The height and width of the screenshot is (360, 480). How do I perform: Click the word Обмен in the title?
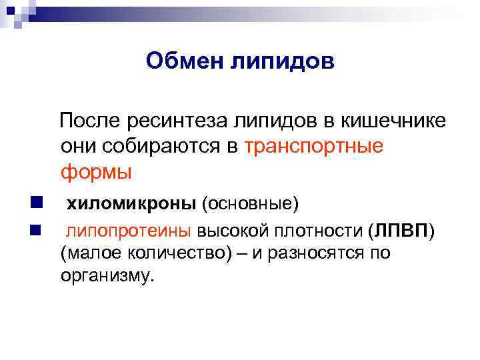tap(184, 61)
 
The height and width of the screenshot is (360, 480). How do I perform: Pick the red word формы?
tap(97, 172)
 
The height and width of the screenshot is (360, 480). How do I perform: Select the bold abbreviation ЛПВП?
tap(399, 231)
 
